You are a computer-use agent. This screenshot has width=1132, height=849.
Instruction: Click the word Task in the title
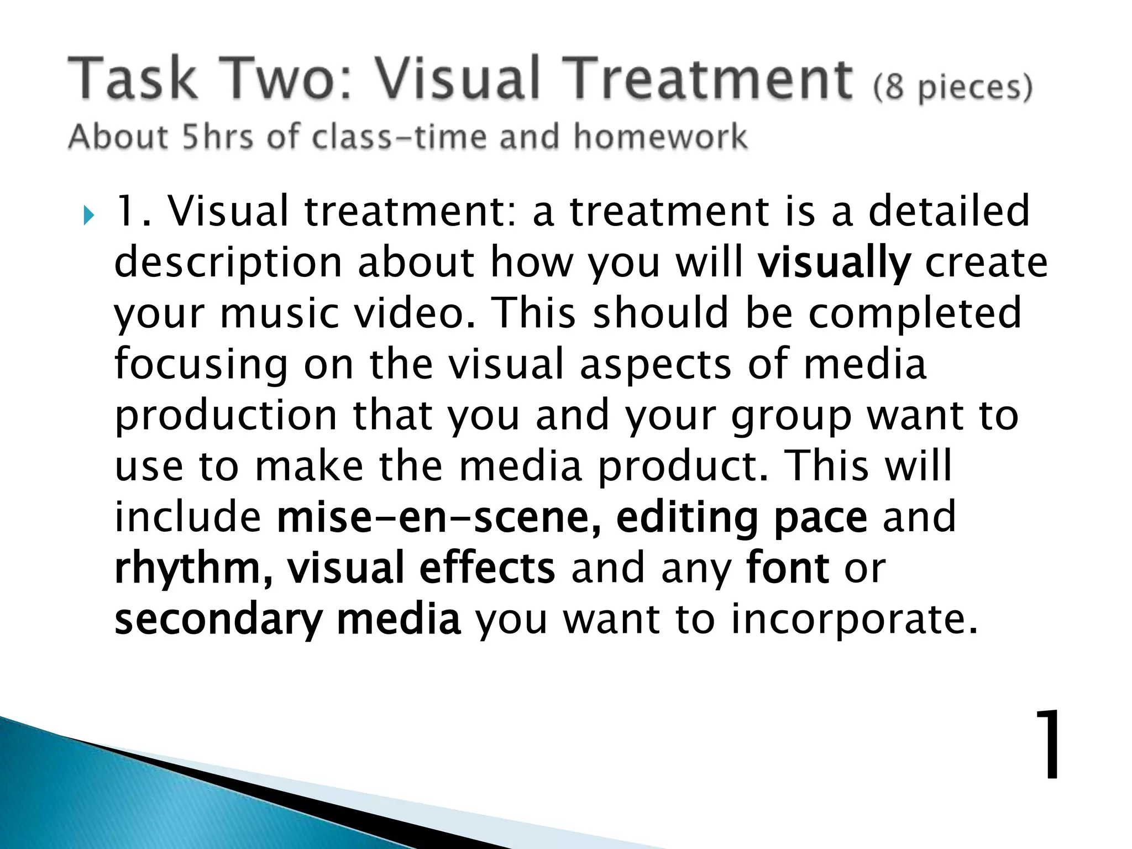coord(133,78)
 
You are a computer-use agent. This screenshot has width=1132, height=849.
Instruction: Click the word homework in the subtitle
coord(660,137)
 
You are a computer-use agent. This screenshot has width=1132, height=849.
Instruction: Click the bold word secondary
coord(218,620)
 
